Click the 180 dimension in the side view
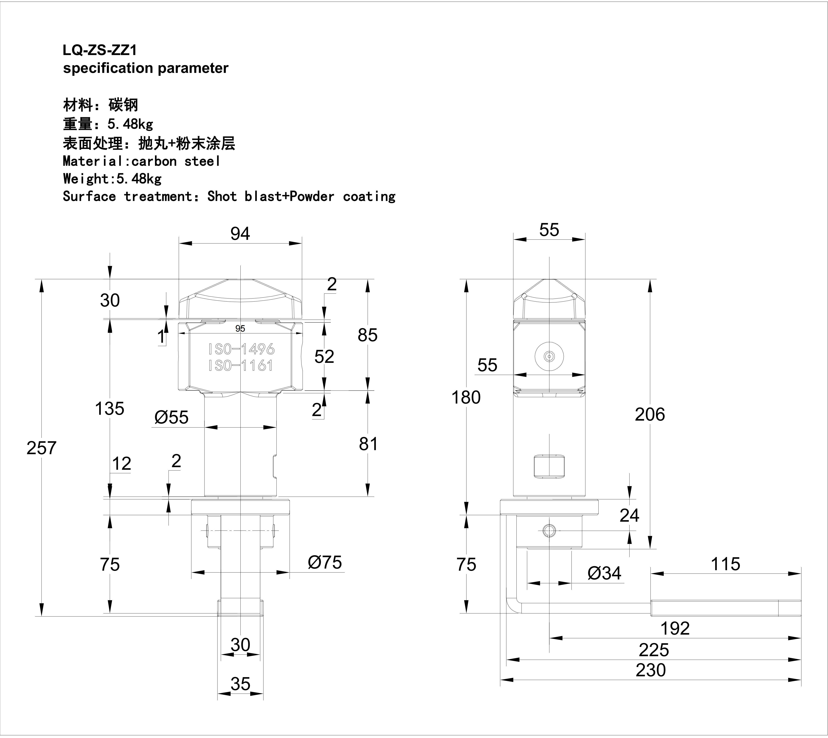[x=466, y=397]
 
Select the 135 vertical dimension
[x=110, y=408]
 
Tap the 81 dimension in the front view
[x=368, y=444]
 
